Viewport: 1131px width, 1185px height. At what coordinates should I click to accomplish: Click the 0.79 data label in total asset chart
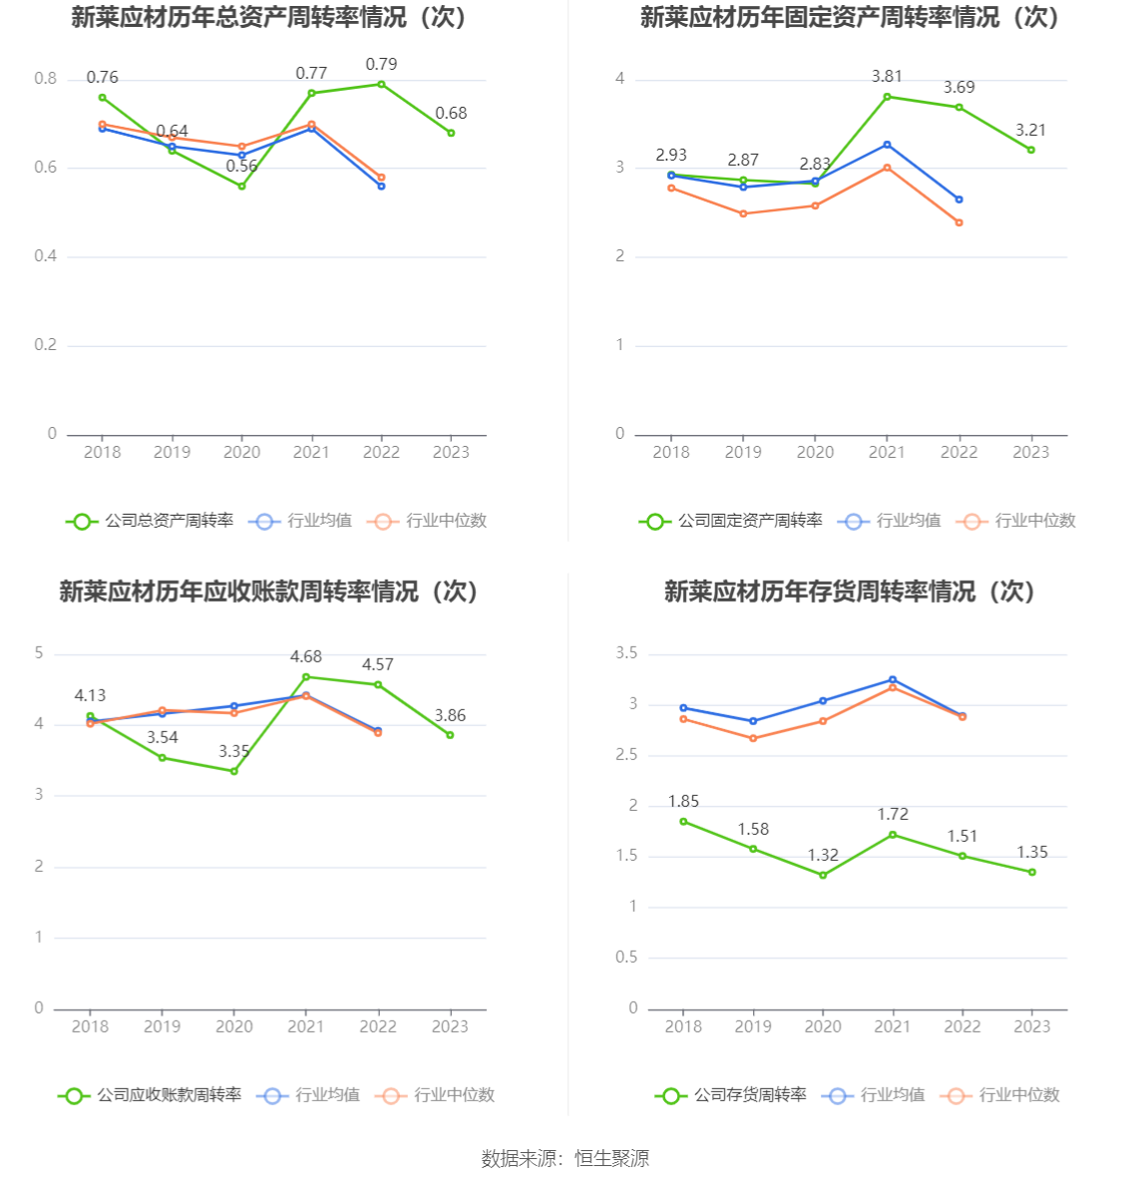[381, 65]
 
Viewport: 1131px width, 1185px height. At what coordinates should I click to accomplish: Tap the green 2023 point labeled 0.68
[451, 133]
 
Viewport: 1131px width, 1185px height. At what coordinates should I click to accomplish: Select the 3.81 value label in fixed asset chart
[887, 77]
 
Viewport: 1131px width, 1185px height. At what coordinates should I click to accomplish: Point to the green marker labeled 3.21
[1031, 150]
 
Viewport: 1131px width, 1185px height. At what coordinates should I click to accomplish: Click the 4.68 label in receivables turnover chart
[306, 657]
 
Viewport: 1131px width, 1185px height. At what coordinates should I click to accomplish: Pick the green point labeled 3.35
[234, 771]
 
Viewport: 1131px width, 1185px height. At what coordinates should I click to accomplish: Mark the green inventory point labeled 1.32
[823, 875]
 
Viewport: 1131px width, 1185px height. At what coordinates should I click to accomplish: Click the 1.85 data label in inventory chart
[683, 802]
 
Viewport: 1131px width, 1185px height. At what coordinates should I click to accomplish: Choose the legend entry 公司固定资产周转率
[732, 521]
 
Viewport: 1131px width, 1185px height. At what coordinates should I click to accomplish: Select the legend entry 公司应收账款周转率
[151, 1095]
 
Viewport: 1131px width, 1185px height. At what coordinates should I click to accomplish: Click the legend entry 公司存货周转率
[732, 1095]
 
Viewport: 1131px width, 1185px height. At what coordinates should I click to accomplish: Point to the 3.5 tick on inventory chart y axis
[626, 653]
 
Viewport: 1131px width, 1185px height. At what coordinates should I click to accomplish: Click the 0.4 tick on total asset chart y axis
[46, 256]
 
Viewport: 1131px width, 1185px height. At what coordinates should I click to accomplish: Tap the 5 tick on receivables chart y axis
[39, 653]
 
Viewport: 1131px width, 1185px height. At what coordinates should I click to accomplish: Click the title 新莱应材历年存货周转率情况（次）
[850, 592]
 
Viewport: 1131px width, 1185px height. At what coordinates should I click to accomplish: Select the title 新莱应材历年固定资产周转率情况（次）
[850, 18]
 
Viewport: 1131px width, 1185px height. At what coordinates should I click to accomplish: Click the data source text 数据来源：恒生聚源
[565, 1158]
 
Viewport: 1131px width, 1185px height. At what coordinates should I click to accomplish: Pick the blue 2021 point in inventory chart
[893, 680]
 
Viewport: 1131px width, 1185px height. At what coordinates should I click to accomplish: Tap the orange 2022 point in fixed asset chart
[959, 222]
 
